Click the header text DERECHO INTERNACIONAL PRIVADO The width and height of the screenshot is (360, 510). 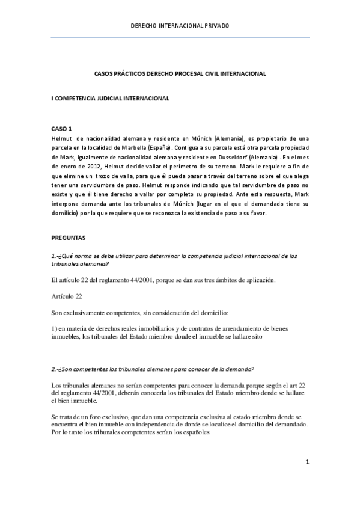(180, 26)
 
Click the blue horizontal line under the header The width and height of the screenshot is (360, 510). (180, 38)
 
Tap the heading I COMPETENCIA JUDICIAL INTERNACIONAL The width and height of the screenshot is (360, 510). (110, 97)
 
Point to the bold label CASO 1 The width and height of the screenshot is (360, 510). (61, 129)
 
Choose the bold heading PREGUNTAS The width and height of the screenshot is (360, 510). (69, 238)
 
